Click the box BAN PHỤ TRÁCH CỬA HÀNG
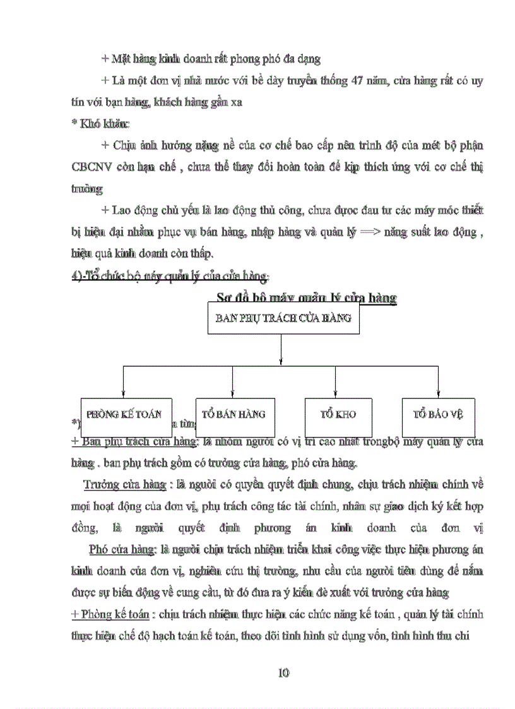pyautogui.click(x=283, y=319)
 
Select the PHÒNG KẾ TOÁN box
pyautogui.click(x=124, y=415)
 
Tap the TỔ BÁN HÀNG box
pyautogui.click(x=234, y=415)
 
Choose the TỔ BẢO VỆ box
pyautogui.click(x=439, y=415)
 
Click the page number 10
pyautogui.click(x=283, y=672)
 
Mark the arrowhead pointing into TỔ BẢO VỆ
pyautogui.click(x=439, y=395)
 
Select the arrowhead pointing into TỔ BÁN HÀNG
pyautogui.click(x=234, y=395)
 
